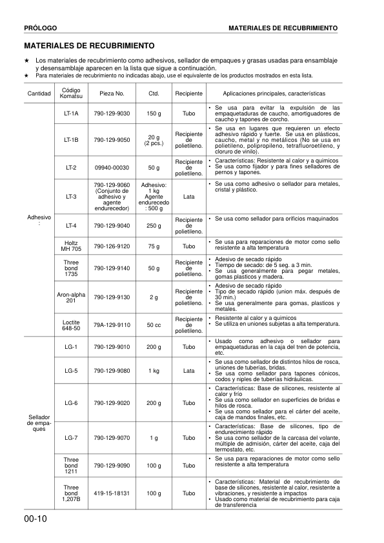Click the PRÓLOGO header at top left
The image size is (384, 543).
pyautogui.click(x=41, y=29)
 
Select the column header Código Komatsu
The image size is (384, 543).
pyautogui.click(x=71, y=93)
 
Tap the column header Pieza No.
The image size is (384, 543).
pyautogui.click(x=112, y=93)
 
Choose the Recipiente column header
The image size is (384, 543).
pyautogui.click(x=188, y=93)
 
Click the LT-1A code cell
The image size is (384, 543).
pyautogui.click(x=71, y=114)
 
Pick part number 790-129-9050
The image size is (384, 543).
pyautogui.click(x=112, y=139)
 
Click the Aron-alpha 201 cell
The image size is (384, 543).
pyautogui.click(x=71, y=297)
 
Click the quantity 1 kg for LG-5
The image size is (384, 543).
pyautogui.click(x=154, y=371)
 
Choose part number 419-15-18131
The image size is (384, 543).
pyautogui.click(x=112, y=493)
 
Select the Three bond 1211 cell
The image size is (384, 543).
pyautogui.click(x=71, y=465)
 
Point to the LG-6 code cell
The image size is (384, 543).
pyautogui.click(x=71, y=403)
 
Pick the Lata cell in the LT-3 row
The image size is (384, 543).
pyautogui.click(x=188, y=196)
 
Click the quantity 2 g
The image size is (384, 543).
pyautogui.click(x=154, y=297)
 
